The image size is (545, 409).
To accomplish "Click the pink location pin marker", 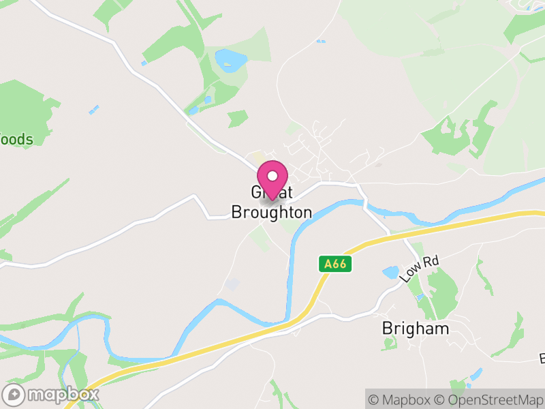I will [x=272, y=180].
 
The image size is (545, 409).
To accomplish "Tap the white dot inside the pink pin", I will [x=272, y=175].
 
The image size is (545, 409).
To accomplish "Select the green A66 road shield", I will [x=335, y=264].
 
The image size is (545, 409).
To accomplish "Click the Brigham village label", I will [x=415, y=329].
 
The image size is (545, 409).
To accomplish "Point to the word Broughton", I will [x=271, y=212].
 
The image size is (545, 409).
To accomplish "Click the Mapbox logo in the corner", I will [x=51, y=394].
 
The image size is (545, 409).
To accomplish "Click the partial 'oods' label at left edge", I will [x=16, y=140].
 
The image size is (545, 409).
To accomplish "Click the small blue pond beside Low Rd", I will [x=391, y=273].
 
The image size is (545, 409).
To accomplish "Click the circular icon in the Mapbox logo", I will [x=14, y=394].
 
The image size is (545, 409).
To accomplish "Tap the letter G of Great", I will [x=256, y=193].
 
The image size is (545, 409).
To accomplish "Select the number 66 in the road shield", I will [x=339, y=264].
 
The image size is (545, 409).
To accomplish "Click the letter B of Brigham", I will [x=387, y=329].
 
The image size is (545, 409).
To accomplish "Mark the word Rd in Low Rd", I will [x=429, y=262].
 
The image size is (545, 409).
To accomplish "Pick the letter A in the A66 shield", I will [x=327, y=264].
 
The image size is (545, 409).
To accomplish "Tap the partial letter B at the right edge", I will [x=542, y=358].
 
